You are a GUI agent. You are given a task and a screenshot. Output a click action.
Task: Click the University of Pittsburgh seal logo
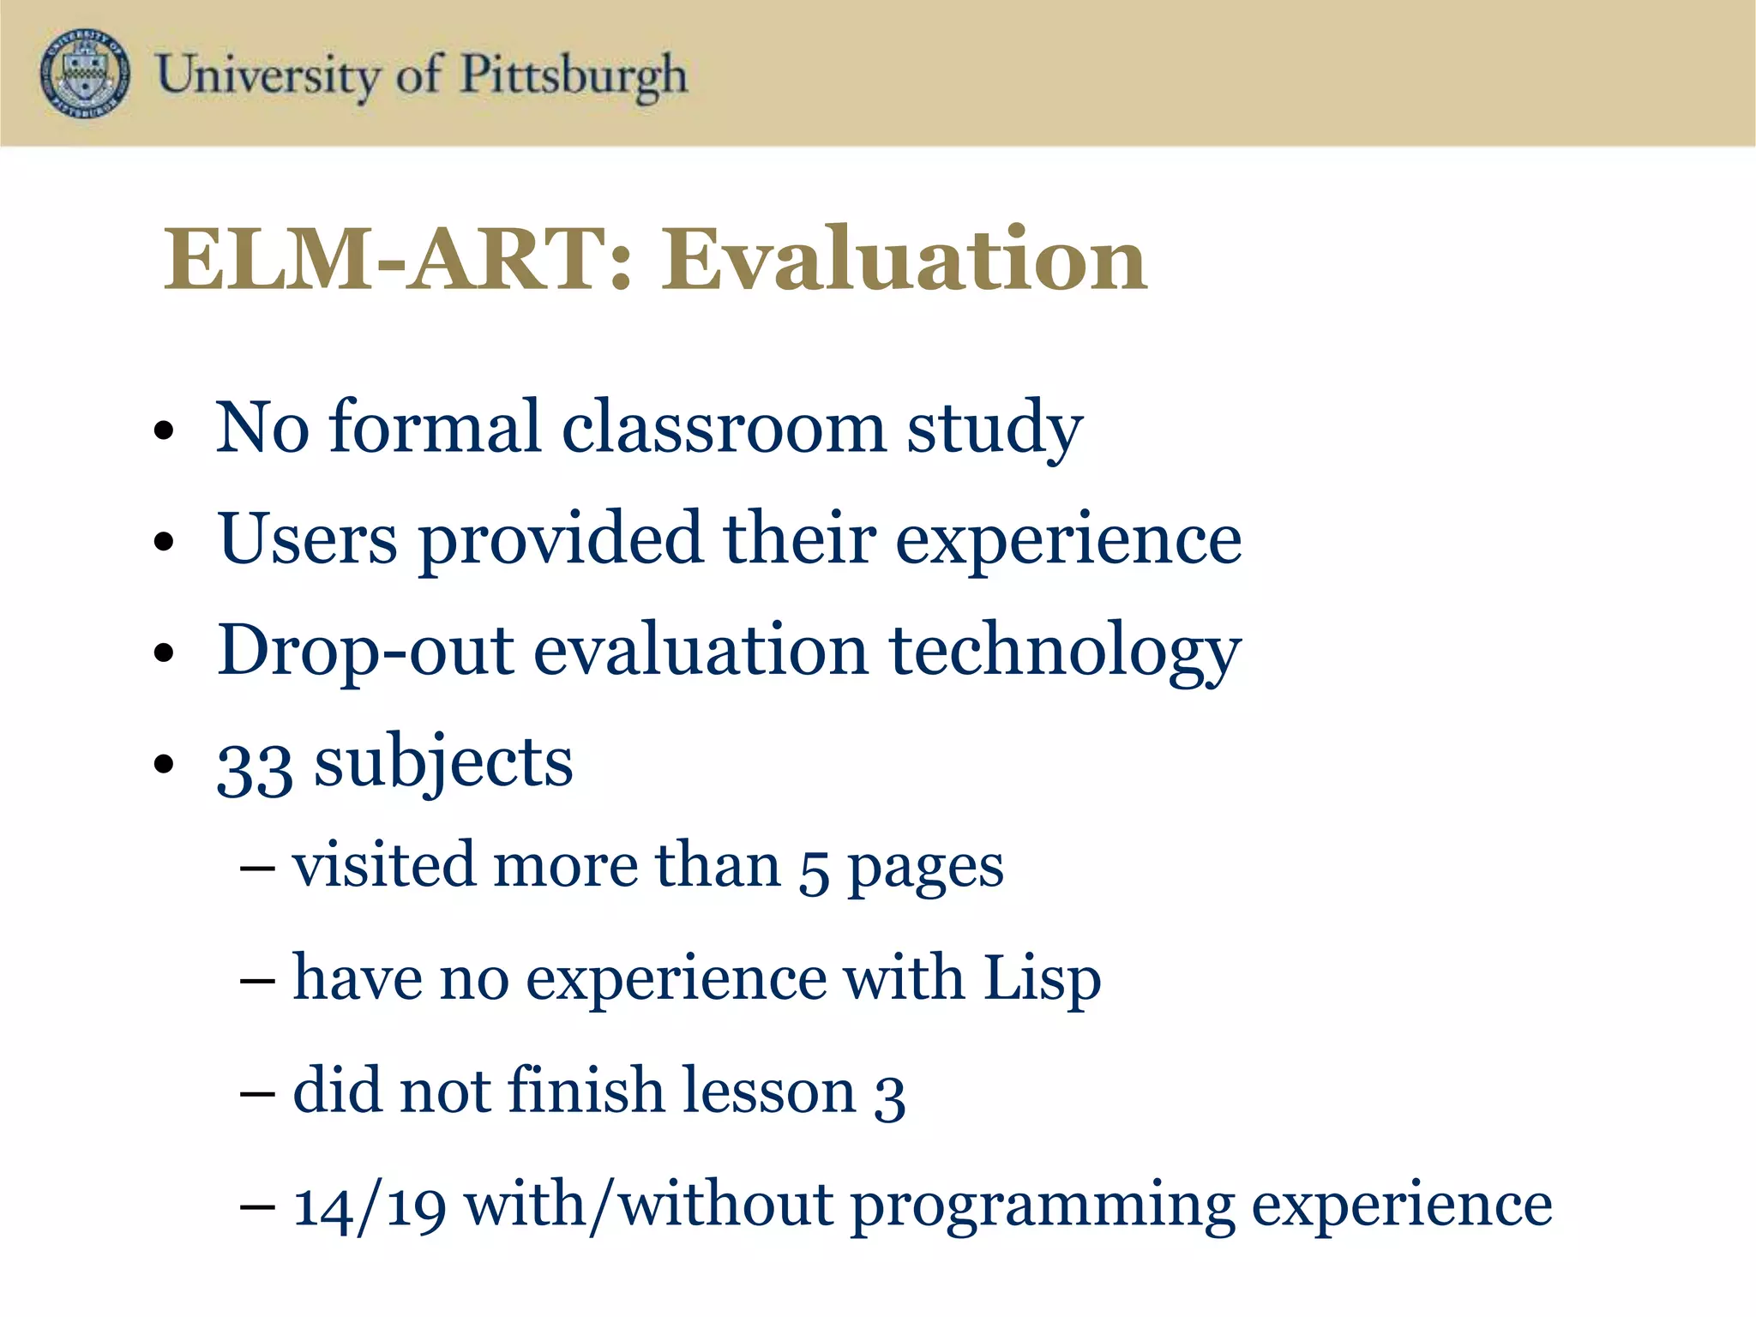pos(85,74)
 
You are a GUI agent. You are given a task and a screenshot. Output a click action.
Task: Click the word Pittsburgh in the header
pos(574,75)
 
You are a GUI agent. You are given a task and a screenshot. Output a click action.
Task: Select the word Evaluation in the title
pos(904,259)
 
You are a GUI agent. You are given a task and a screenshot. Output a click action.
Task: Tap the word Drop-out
pos(365,652)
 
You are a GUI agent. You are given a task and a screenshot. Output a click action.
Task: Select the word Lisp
pos(1042,979)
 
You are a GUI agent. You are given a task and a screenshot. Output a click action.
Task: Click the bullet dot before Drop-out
pos(164,654)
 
